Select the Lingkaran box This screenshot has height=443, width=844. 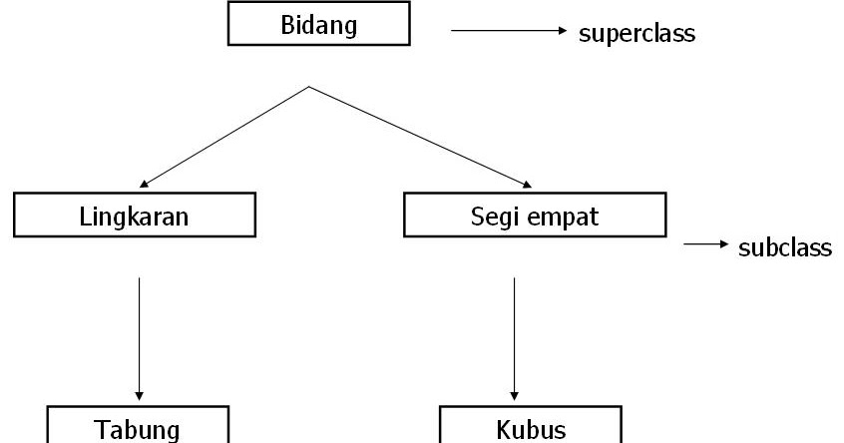click(136, 216)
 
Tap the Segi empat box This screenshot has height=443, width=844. click(535, 216)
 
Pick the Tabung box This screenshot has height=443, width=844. click(139, 427)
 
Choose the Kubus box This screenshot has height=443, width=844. click(531, 427)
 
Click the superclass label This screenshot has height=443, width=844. click(636, 33)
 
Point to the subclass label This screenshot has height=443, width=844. click(784, 247)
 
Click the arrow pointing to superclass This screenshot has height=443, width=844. click(509, 31)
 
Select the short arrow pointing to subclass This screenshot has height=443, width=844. click(704, 245)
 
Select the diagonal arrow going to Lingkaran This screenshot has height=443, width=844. click(224, 137)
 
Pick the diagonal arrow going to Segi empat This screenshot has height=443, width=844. click(419, 137)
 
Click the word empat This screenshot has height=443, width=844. click(563, 217)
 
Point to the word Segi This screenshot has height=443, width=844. click(492, 217)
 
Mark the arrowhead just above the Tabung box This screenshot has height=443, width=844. click(139, 392)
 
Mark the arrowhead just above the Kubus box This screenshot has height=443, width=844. click(514, 392)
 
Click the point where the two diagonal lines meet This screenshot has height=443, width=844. click(309, 87)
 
